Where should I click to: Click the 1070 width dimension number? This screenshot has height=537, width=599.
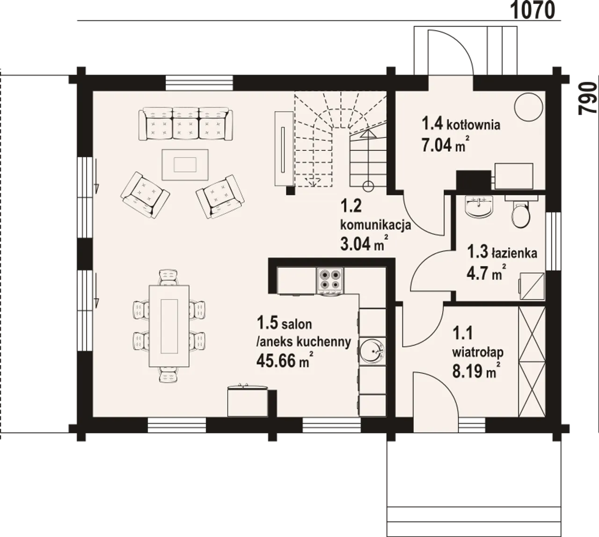[533, 10]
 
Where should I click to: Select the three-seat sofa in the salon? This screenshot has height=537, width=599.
[186, 124]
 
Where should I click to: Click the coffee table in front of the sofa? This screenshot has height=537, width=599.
[185, 165]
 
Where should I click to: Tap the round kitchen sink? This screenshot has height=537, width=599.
[372, 351]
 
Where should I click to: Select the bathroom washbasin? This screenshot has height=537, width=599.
[479, 209]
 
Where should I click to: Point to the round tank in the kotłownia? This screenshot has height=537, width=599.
[529, 107]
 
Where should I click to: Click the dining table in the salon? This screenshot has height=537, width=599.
[169, 326]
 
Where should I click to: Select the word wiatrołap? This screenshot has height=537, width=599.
[478, 353]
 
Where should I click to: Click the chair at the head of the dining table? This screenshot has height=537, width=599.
[168, 277]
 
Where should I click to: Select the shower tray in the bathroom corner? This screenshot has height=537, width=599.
[532, 286]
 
